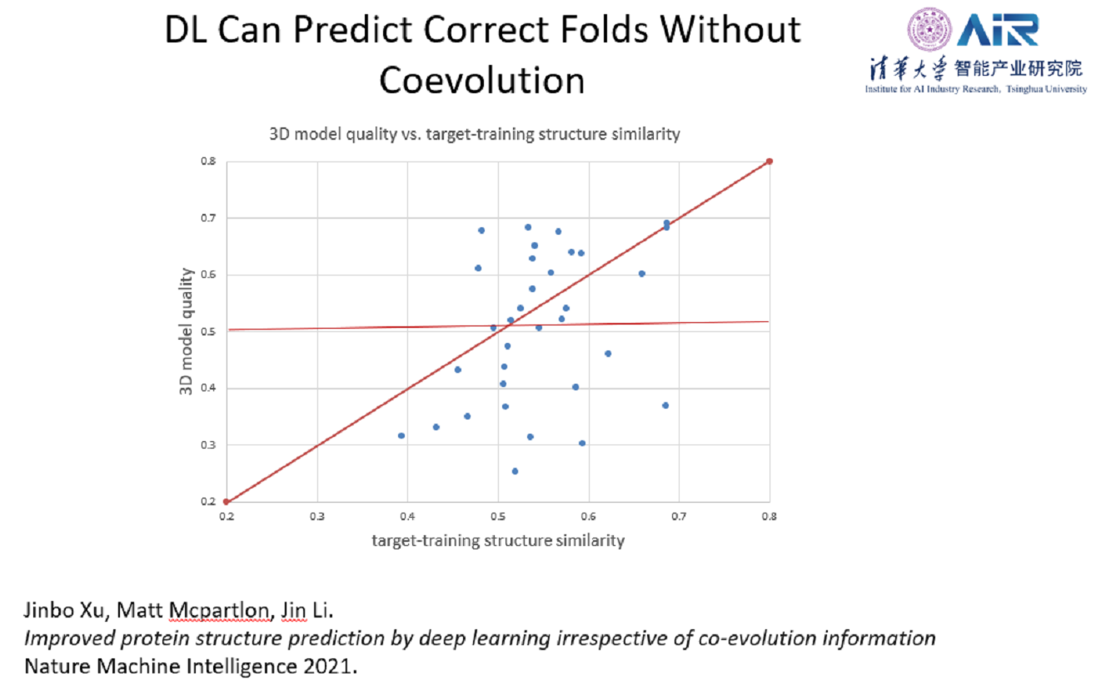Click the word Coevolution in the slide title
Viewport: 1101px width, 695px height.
[481, 81]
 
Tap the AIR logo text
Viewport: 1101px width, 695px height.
[997, 31]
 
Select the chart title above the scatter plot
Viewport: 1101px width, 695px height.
[474, 134]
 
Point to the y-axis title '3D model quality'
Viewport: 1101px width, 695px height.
[187, 330]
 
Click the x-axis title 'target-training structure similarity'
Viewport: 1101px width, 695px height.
[497, 541]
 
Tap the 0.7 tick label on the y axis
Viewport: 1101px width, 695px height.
[208, 218]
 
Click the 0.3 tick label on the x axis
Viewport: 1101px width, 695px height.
[317, 516]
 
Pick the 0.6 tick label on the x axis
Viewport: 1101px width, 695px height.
[589, 516]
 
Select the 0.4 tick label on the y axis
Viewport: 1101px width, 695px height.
[208, 388]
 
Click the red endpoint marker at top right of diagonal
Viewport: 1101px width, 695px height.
[769, 161]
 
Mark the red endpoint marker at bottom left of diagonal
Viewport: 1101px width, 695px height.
[227, 501]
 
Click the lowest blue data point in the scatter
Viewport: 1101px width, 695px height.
[515, 471]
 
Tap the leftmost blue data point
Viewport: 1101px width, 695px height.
[401, 435]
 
